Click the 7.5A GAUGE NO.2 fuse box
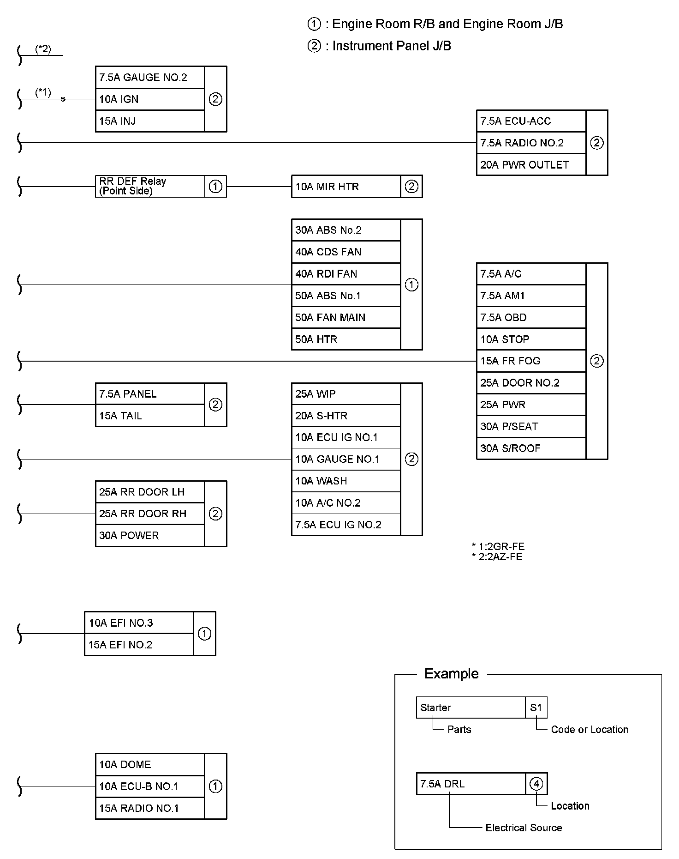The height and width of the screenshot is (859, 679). (149, 77)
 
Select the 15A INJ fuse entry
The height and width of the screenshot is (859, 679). (149, 121)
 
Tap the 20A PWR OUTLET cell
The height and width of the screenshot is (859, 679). (530, 165)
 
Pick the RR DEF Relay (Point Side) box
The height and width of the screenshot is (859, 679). (149, 186)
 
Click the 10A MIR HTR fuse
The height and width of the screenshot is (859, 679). (345, 187)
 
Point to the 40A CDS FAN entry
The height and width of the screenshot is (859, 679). (345, 252)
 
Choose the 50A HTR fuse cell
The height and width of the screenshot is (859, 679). (345, 339)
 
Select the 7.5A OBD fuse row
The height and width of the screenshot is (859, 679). (530, 318)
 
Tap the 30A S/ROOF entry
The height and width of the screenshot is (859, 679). (530, 448)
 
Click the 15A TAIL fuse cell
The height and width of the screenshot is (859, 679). (149, 416)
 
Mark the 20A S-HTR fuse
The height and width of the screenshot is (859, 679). (345, 416)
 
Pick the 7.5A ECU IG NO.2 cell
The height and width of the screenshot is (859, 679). (345, 525)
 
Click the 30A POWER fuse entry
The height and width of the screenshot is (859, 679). (149, 536)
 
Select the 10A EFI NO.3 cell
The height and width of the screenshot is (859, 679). (138, 623)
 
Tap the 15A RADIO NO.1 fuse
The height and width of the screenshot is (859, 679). (149, 808)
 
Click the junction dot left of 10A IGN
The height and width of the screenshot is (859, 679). (63, 99)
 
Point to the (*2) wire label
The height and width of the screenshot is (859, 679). (43, 49)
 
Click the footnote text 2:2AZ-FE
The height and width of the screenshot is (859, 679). (500, 557)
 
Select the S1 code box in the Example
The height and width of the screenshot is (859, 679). (536, 708)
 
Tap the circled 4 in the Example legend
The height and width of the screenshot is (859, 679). (536, 784)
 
